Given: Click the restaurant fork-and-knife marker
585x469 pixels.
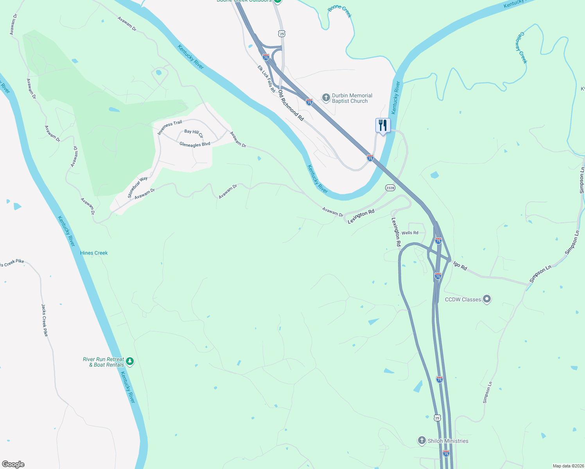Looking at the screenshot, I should coord(383,125).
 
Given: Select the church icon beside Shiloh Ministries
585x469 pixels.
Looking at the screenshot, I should coord(422,440).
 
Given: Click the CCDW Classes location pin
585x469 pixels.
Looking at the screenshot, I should coord(487,299).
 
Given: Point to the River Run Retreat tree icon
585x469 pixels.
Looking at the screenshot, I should coord(130,362).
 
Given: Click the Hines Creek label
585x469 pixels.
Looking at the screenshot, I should coord(94,253).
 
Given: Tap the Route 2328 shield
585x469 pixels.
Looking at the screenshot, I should coord(390,188).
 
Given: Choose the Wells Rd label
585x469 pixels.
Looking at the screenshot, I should coord(410,233).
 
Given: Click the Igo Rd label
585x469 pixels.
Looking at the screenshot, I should coord(460,266).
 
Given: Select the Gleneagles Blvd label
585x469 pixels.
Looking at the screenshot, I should coord(195,145).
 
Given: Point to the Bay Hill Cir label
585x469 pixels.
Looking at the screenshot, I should coord(194,133).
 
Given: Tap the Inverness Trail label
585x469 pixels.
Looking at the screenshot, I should coord(170,128).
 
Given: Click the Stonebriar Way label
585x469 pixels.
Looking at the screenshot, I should coord(138,187).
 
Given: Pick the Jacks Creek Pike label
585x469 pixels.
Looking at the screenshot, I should coord(45,320).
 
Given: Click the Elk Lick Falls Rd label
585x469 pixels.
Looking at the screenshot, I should coord(266,79).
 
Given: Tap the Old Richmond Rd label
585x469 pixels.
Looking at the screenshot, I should coord(291,106).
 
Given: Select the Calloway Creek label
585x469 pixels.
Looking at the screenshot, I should coord(521,48).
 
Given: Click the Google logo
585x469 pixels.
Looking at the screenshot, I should coord(13,464).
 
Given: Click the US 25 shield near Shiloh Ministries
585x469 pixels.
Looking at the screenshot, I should coord(437,418).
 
